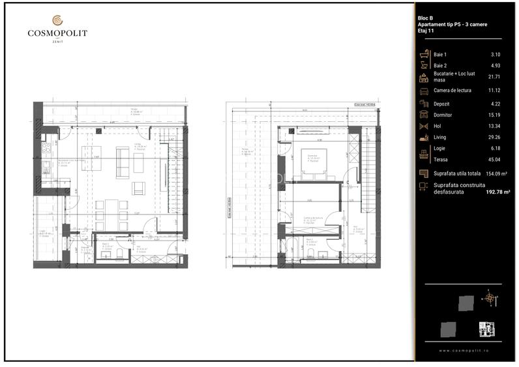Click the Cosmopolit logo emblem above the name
[57, 20]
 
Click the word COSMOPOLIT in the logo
[57, 33]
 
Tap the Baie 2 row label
[440, 65]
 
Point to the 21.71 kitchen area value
[496, 77]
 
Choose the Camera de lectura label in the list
[452, 89]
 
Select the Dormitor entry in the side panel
[443, 114]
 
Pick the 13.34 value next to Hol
[496, 126]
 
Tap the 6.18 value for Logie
[496, 149]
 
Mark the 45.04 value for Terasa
[496, 160]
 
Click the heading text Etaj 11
[426, 31]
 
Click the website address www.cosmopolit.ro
[464, 351]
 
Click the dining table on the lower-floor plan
[111, 214]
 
